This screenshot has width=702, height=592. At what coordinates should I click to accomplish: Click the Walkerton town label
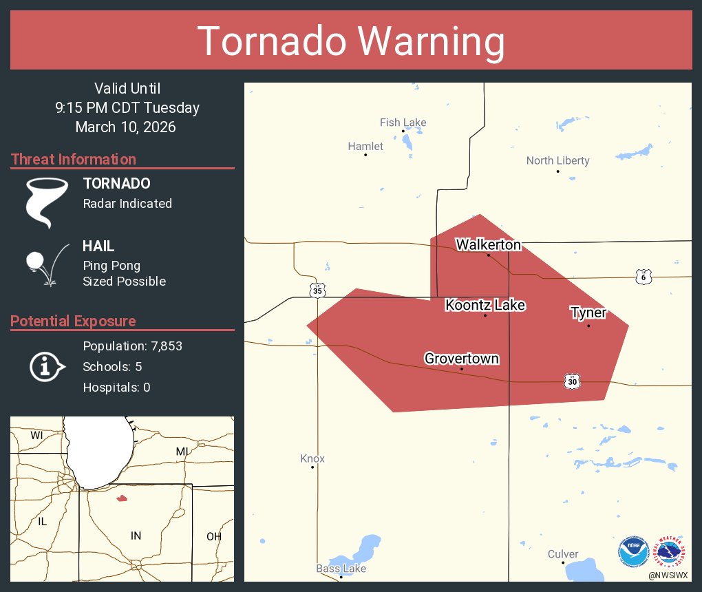pyautogui.click(x=488, y=245)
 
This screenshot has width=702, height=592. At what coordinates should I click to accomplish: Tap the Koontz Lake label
pyautogui.click(x=485, y=305)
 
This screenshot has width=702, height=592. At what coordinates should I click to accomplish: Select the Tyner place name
pyautogui.click(x=588, y=313)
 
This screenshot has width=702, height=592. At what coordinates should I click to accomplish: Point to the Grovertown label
pyautogui.click(x=461, y=359)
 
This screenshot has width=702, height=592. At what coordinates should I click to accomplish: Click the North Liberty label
pyautogui.click(x=557, y=160)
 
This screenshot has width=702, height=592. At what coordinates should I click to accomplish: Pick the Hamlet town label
pyautogui.click(x=365, y=146)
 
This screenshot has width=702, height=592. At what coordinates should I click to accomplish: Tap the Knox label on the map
pyautogui.click(x=312, y=458)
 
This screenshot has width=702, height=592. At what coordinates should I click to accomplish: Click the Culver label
pyautogui.click(x=563, y=554)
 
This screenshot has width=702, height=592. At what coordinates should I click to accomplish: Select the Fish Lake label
pyautogui.click(x=403, y=123)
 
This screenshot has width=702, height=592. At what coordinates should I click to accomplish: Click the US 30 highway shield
pyautogui.click(x=573, y=381)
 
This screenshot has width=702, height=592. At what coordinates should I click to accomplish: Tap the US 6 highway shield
pyautogui.click(x=643, y=276)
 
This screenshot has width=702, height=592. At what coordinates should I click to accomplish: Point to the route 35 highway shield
pyautogui.click(x=317, y=290)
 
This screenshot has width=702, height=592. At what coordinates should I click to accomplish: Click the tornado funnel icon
pyautogui.click(x=47, y=202)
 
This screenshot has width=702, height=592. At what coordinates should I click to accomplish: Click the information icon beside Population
pyautogui.click(x=46, y=367)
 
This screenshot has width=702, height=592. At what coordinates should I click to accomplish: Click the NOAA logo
pyautogui.click(x=633, y=552)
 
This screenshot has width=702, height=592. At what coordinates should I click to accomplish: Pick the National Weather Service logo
pyautogui.click(x=670, y=552)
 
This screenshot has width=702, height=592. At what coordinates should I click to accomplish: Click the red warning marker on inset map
pyautogui.click(x=122, y=498)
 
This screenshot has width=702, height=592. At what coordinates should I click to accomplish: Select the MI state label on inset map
pyautogui.click(x=182, y=451)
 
